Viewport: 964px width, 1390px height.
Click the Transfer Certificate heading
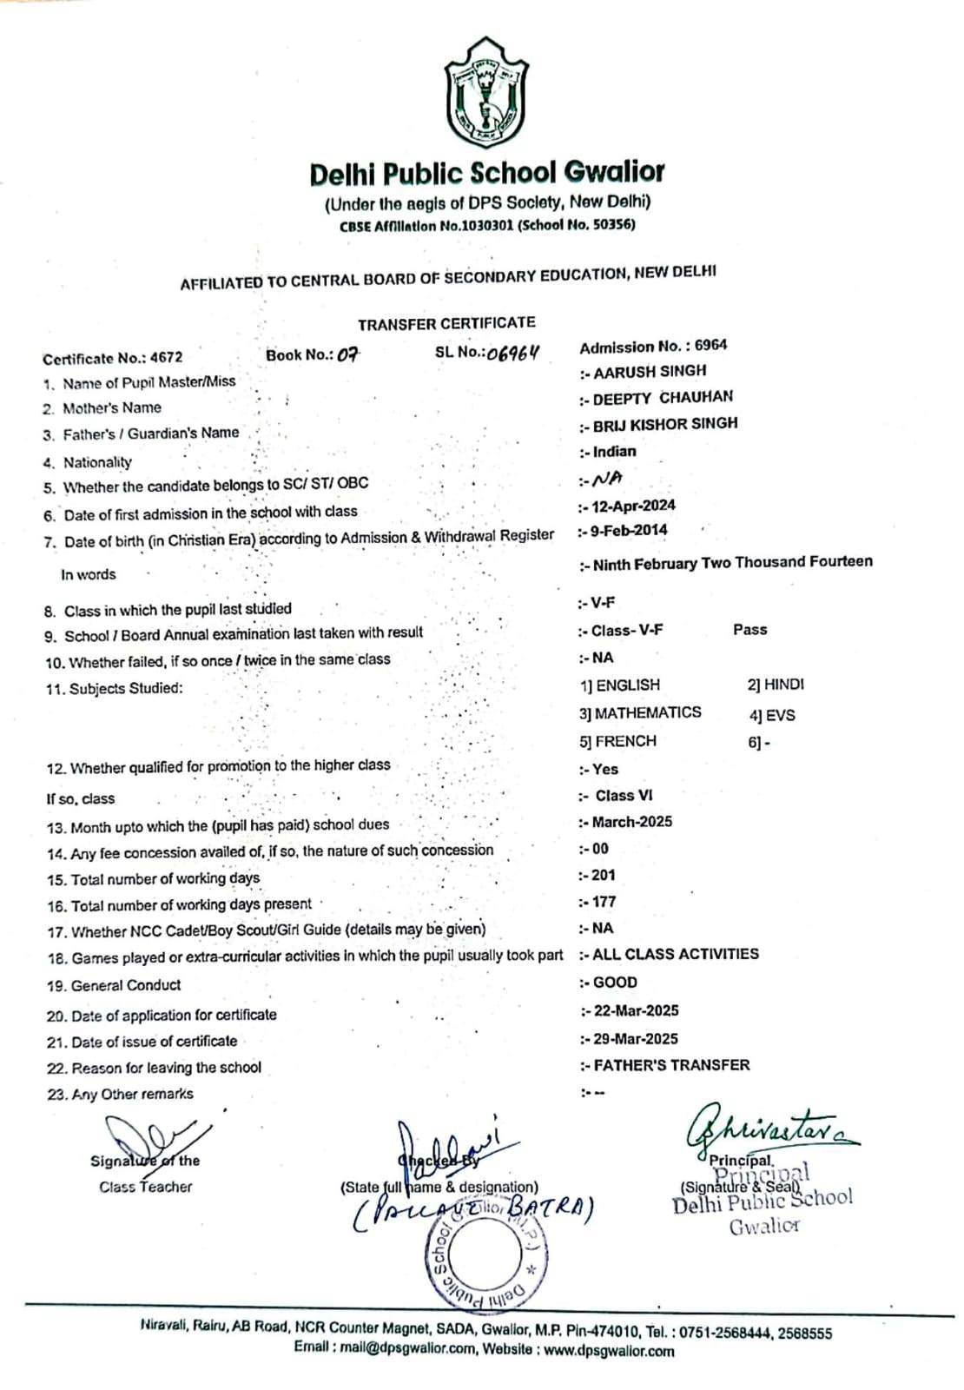point(446,323)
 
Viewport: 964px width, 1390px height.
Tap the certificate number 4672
point(166,357)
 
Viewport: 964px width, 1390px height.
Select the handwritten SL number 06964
point(513,353)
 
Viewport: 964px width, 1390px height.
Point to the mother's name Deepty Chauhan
point(663,398)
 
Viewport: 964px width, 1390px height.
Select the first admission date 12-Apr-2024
point(633,506)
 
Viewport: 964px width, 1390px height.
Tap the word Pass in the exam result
point(749,629)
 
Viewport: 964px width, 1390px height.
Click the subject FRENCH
point(625,741)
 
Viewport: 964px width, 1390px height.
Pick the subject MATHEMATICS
point(647,712)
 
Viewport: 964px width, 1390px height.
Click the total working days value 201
point(603,875)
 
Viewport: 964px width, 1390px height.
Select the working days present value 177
point(604,902)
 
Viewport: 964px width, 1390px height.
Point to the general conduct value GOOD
point(615,982)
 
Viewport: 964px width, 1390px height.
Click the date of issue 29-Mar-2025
point(635,1038)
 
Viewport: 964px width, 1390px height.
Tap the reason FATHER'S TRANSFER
point(671,1064)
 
